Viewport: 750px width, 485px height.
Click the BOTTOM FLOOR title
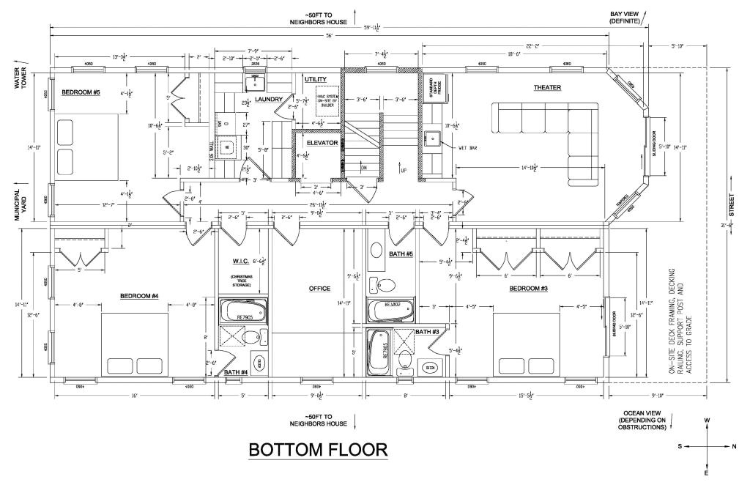coord(318,449)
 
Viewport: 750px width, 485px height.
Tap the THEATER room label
coord(547,88)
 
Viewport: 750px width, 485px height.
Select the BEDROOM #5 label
coord(81,92)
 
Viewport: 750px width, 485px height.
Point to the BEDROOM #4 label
coord(140,296)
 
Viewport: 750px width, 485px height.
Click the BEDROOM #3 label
coord(530,289)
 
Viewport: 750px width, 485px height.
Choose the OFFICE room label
coord(319,289)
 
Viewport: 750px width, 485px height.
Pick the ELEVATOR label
coord(322,143)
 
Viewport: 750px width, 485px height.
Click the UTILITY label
coord(316,79)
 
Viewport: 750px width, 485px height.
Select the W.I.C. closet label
coord(242,261)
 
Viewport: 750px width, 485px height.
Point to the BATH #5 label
coord(402,254)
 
